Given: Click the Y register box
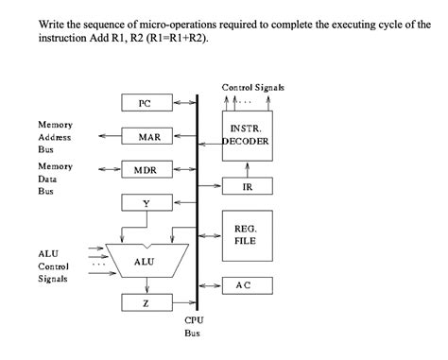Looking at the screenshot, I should (x=145, y=202).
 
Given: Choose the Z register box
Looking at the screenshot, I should (x=145, y=303).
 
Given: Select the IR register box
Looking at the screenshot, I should (x=247, y=187).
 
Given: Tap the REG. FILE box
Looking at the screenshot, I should (x=246, y=234).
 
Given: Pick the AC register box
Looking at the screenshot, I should (x=245, y=284).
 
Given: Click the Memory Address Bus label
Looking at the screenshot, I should (x=56, y=136).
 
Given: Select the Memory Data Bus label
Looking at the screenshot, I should (x=56, y=178).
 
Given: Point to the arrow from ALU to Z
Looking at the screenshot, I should (x=145, y=285).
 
